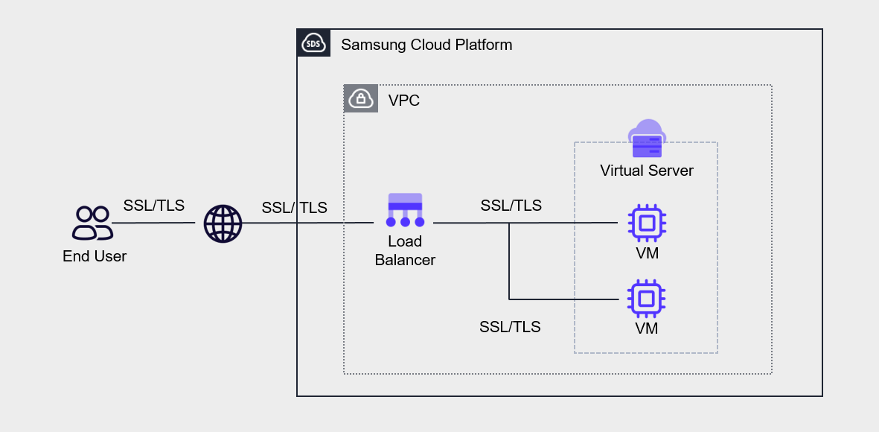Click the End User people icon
(93, 223)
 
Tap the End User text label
(95, 256)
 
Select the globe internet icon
(223, 223)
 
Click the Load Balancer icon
(405, 210)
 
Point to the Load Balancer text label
(405, 251)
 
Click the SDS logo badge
(313, 45)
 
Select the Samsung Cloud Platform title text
(426, 45)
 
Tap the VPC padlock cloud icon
(360, 99)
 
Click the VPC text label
(404, 100)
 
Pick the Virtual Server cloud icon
(647, 139)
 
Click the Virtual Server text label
(647, 171)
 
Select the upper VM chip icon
(647, 223)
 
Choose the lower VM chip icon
(647, 299)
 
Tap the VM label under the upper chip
(647, 253)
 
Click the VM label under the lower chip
(647, 328)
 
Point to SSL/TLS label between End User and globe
(154, 206)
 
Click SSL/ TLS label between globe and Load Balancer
(294, 208)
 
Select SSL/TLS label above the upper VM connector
(511, 206)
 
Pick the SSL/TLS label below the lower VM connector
(510, 326)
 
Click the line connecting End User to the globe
(156, 223)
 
